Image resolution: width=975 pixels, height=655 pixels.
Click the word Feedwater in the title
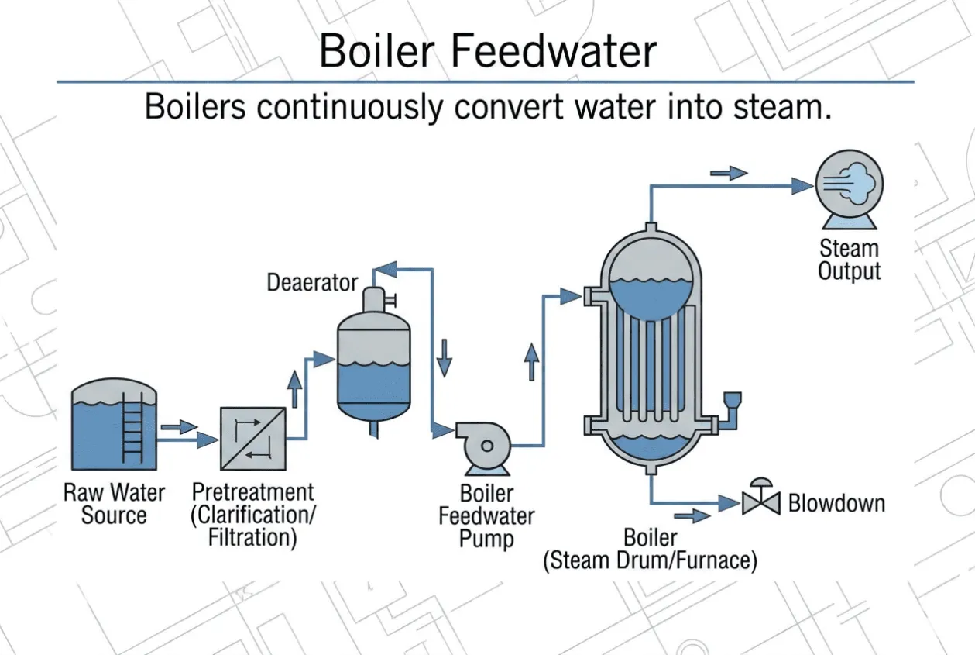pyautogui.click(x=554, y=51)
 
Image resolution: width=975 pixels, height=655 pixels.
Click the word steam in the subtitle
pyautogui.click(x=782, y=107)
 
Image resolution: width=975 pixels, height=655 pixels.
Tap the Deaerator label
pyautogui.click(x=312, y=282)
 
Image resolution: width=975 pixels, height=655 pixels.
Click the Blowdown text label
pyautogui.click(x=836, y=503)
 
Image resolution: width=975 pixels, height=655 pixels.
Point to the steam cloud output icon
pyautogui.click(x=850, y=188)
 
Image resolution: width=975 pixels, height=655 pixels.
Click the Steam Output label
pyautogui.click(x=850, y=260)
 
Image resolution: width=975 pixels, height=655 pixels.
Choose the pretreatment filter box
pyautogui.click(x=253, y=439)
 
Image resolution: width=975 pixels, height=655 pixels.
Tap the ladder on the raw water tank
pyautogui.click(x=132, y=428)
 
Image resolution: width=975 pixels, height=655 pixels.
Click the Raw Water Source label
pyautogui.click(x=114, y=504)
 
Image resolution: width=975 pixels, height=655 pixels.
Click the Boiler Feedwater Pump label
pyautogui.click(x=486, y=516)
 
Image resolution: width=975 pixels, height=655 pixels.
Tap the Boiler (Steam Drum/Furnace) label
pyautogui.click(x=651, y=549)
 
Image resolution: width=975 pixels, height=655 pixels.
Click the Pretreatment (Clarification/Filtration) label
pyautogui.click(x=253, y=515)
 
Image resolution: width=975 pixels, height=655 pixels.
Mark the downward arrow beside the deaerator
pyautogui.click(x=445, y=358)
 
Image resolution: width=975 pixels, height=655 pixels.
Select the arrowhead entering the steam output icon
pyautogui.click(x=802, y=186)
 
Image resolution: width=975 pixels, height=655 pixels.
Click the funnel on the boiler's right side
pyautogui.click(x=732, y=400)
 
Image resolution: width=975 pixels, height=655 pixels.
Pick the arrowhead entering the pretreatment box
pyautogui.click(x=208, y=440)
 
